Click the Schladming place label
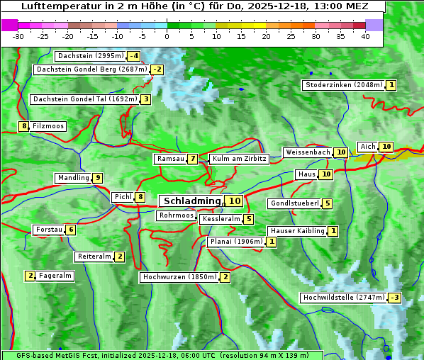(x=192, y=201)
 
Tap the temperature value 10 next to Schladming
(x=235, y=201)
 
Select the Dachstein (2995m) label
(x=89, y=56)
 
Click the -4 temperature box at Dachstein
(x=133, y=56)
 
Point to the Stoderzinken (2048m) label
(x=343, y=85)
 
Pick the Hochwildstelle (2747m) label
(x=343, y=298)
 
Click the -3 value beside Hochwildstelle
(x=394, y=298)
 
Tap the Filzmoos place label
(x=48, y=126)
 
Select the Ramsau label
(x=170, y=159)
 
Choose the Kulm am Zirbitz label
(x=239, y=159)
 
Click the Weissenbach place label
(x=307, y=152)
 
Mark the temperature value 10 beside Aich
(x=386, y=147)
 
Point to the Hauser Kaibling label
(x=297, y=231)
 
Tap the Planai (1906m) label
(x=236, y=242)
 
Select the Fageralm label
(x=55, y=276)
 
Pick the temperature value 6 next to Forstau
(x=70, y=230)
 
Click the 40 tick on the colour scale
(x=365, y=36)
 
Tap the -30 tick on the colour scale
(x=18, y=36)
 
